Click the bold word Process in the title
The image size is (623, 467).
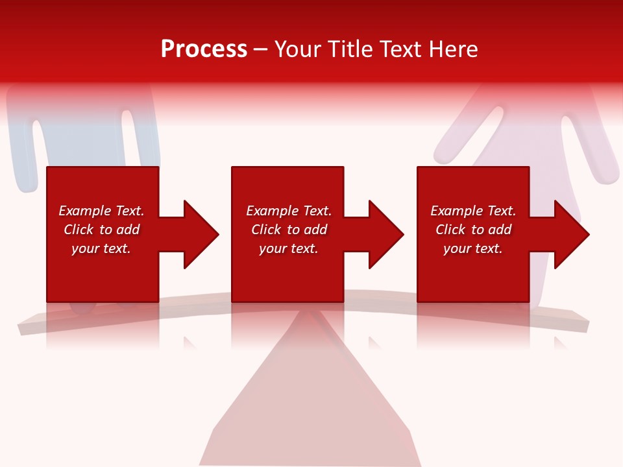coord(204,49)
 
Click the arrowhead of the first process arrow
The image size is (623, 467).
coord(199,234)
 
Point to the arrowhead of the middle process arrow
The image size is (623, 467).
coord(385,234)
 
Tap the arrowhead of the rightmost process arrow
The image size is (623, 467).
coord(570,234)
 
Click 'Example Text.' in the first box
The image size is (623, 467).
coord(101,211)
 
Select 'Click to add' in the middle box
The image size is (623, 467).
coord(289,230)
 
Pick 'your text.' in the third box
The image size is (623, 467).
coord(473,248)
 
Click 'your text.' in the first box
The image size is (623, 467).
coord(101,248)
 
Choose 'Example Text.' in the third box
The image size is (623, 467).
coord(473,211)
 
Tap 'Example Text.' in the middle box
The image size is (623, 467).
coord(289,211)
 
